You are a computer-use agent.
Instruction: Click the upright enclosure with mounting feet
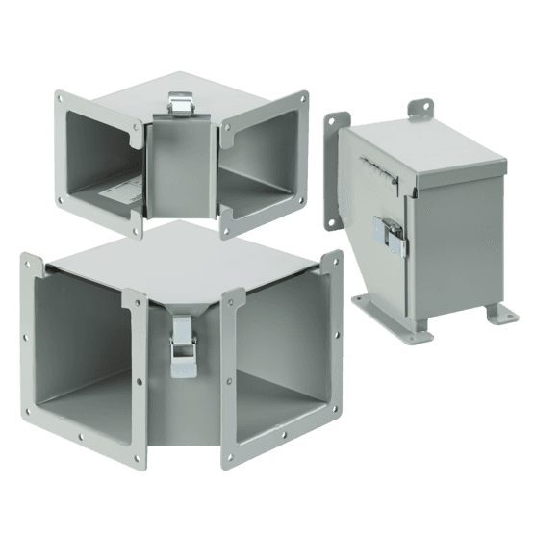(423, 221)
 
